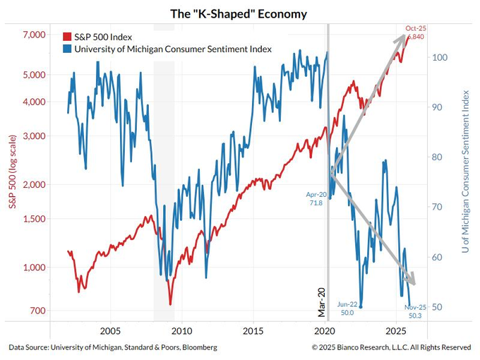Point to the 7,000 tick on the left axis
[30, 35]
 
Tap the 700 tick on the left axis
[35, 311]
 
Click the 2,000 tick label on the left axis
[30, 184]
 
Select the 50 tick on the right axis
[438, 307]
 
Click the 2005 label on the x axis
[109, 331]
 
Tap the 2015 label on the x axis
[253, 331]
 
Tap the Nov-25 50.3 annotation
[415, 311]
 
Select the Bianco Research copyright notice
[391, 347]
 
